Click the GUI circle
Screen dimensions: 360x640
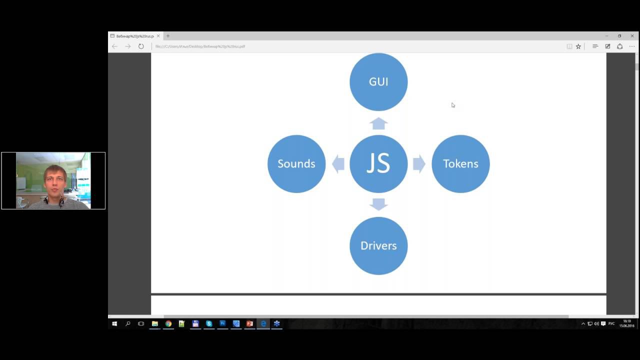[378, 82]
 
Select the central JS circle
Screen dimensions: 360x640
[378, 164]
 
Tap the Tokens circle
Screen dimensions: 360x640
[460, 164]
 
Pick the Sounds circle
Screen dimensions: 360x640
[296, 164]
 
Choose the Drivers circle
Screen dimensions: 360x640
[378, 245]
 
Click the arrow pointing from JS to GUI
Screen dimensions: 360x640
[378, 123]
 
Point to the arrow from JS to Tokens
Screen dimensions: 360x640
[419, 164]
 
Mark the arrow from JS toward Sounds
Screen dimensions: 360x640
[338, 164]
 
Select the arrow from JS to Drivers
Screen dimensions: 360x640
[378, 204]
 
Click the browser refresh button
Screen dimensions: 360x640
[141, 46]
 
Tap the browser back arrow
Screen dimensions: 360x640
[114, 46]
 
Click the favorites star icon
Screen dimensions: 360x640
[578, 46]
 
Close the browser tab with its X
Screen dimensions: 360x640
[158, 36]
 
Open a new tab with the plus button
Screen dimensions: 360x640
[168, 36]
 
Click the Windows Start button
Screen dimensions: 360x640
[114, 324]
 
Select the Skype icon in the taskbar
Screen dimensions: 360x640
[209, 324]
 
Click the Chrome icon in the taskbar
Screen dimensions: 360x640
[168, 324]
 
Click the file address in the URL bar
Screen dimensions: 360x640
[200, 46]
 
